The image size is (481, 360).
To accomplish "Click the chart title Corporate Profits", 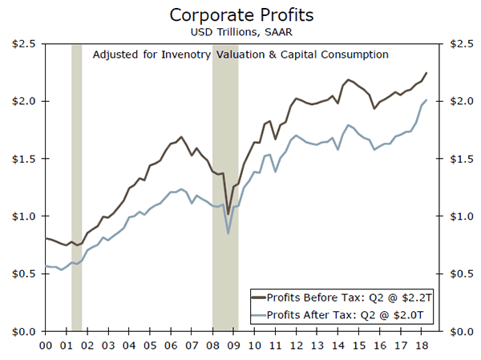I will (x=240, y=14).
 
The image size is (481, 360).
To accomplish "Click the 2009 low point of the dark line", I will (x=228, y=214).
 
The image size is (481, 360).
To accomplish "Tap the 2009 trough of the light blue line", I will (x=228, y=233).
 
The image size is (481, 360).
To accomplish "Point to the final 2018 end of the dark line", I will (x=426, y=73).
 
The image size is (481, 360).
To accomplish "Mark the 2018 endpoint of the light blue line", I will (x=426, y=100).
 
